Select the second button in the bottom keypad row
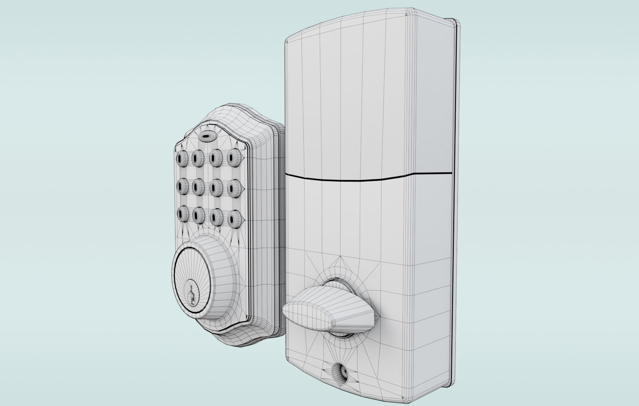click(198, 215)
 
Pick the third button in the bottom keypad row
click(216, 217)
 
